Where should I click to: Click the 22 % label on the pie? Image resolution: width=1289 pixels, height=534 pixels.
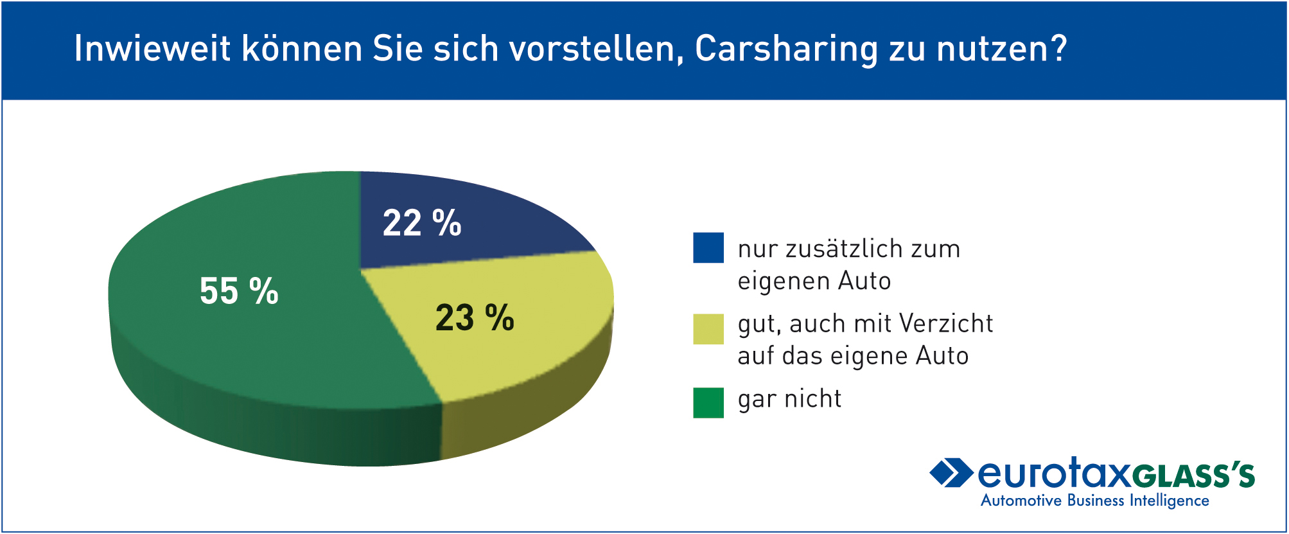422,223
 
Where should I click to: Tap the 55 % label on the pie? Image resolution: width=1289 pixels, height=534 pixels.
239,291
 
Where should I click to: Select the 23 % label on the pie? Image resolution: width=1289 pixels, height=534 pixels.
475,317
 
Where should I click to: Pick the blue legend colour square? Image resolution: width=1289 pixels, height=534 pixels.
708,248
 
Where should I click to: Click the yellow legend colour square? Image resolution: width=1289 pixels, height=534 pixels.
708,329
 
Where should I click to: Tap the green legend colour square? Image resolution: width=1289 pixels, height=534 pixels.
708,403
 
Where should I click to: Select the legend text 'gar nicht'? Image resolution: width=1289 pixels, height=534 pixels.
789,399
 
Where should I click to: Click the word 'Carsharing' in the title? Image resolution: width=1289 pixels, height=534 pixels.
787,49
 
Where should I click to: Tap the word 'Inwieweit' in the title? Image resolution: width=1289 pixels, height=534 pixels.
152,48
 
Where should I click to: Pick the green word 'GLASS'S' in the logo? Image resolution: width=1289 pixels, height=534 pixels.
1193,476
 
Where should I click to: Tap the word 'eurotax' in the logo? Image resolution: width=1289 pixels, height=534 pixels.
1053,474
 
